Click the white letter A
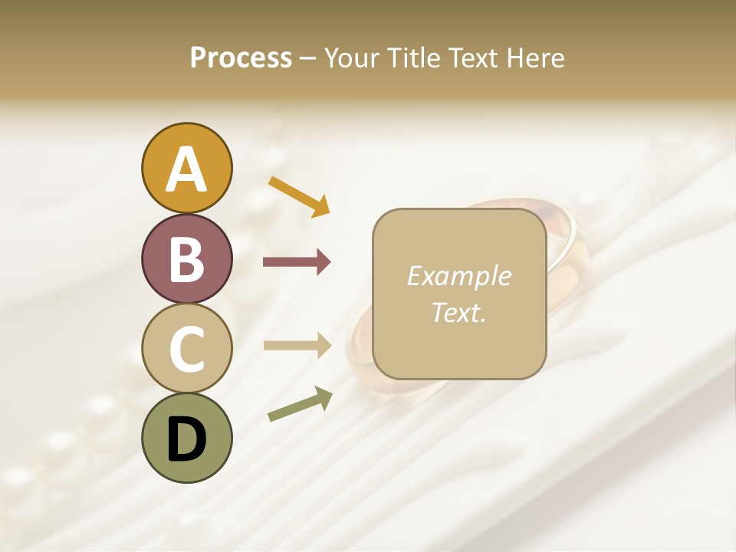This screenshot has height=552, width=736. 186,170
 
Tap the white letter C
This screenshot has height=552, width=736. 186,349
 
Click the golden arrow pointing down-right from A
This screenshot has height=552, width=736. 298,195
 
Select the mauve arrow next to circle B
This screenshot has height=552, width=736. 297,262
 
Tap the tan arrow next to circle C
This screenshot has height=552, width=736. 297,346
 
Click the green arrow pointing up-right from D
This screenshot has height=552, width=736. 300,404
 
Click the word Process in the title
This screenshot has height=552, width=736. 241,58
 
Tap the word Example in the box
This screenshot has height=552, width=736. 458,276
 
